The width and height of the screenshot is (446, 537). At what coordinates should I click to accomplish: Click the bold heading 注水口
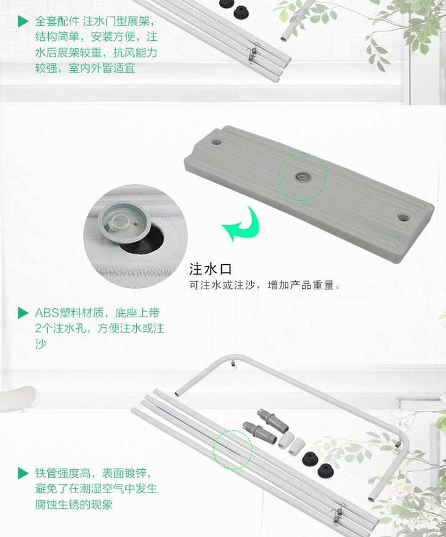coord(211,269)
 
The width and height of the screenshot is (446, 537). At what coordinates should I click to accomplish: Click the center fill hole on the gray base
coord(302,177)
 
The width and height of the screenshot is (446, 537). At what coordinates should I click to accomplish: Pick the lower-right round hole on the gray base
coord(403,217)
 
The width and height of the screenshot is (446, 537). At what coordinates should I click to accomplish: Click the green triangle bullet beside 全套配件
coord(23,21)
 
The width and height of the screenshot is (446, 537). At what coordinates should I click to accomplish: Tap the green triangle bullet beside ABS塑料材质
coord(23,312)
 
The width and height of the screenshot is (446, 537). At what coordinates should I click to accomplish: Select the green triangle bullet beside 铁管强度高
coord(23,474)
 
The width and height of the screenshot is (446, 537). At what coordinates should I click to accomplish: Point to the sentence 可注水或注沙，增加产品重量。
coord(265,285)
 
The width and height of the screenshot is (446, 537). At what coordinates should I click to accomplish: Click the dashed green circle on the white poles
coord(233,450)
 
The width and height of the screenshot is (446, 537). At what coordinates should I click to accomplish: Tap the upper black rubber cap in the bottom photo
coord(310,458)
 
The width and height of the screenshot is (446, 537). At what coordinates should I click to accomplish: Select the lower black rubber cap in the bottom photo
coord(325,471)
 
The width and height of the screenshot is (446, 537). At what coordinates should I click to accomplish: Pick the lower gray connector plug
coord(259,432)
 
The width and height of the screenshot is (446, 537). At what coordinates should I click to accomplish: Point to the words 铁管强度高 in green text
coord(63,474)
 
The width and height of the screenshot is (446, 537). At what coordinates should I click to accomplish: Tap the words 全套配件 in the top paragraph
coord(57,21)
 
